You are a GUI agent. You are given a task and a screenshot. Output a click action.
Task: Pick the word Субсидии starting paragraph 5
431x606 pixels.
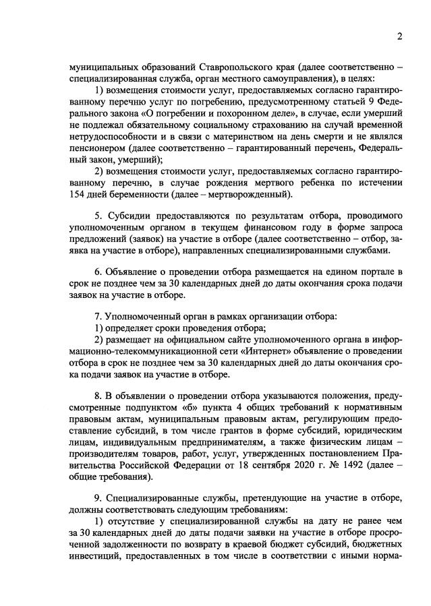coord(126,220)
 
